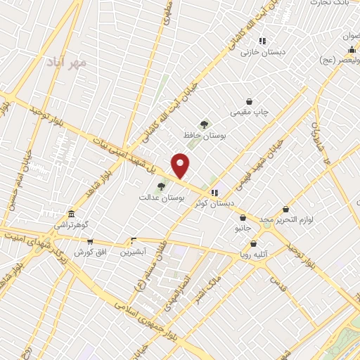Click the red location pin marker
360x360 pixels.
click(x=181, y=165)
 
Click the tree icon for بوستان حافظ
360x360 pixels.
click(x=205, y=124)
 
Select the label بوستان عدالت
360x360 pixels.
click(x=162, y=199)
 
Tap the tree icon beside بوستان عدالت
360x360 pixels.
click(x=162, y=186)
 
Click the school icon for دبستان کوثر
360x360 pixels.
click(x=215, y=191)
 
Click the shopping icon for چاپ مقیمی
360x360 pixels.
click(x=250, y=101)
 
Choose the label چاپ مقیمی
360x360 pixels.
click(x=250, y=112)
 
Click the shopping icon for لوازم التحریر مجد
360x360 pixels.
click(x=285, y=209)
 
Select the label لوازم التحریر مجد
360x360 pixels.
click(x=285, y=220)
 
